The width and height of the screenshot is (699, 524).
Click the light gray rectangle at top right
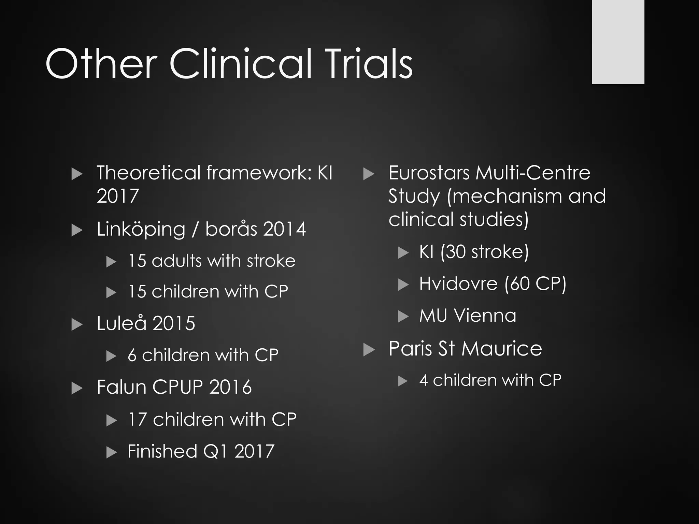click(x=618, y=42)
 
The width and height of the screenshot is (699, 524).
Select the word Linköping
click(x=141, y=229)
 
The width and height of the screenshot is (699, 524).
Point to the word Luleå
click(x=122, y=323)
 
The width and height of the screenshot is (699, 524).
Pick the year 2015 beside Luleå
click(x=174, y=323)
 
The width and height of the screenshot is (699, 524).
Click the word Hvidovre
click(x=458, y=284)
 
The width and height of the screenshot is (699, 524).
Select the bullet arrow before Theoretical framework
click(x=77, y=174)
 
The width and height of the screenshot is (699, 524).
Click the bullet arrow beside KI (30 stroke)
click(x=403, y=253)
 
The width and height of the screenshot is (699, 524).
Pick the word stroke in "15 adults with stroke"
click(x=271, y=261)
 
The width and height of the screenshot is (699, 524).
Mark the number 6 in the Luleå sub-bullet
click(x=132, y=355)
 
